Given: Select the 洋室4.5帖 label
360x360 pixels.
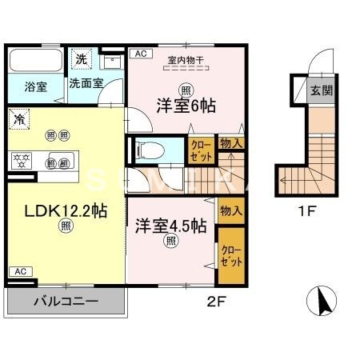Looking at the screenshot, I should tap(170, 226).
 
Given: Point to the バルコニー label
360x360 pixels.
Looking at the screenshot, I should tap(66, 303).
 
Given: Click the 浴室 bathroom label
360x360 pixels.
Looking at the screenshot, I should tap(34, 86).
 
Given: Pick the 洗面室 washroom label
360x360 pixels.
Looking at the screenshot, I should tap(84, 82).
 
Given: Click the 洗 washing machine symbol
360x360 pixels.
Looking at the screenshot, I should tap(80, 58).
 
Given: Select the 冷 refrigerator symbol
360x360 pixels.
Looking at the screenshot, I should tap(18, 118).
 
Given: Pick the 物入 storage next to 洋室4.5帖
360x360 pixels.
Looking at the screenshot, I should tap(231, 211).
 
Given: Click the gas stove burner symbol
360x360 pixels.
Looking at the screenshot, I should tap(19, 158).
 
